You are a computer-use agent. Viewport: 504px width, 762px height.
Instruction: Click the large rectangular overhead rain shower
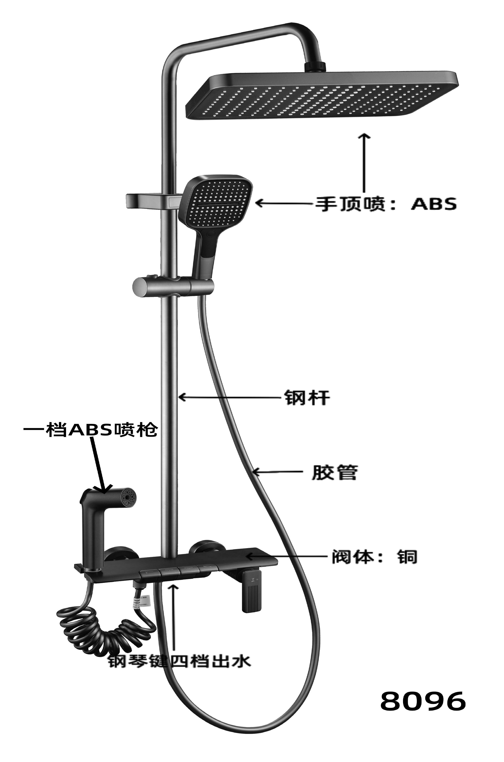coord(322,97)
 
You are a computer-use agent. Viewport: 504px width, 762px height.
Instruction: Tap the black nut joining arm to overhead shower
coord(315,66)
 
